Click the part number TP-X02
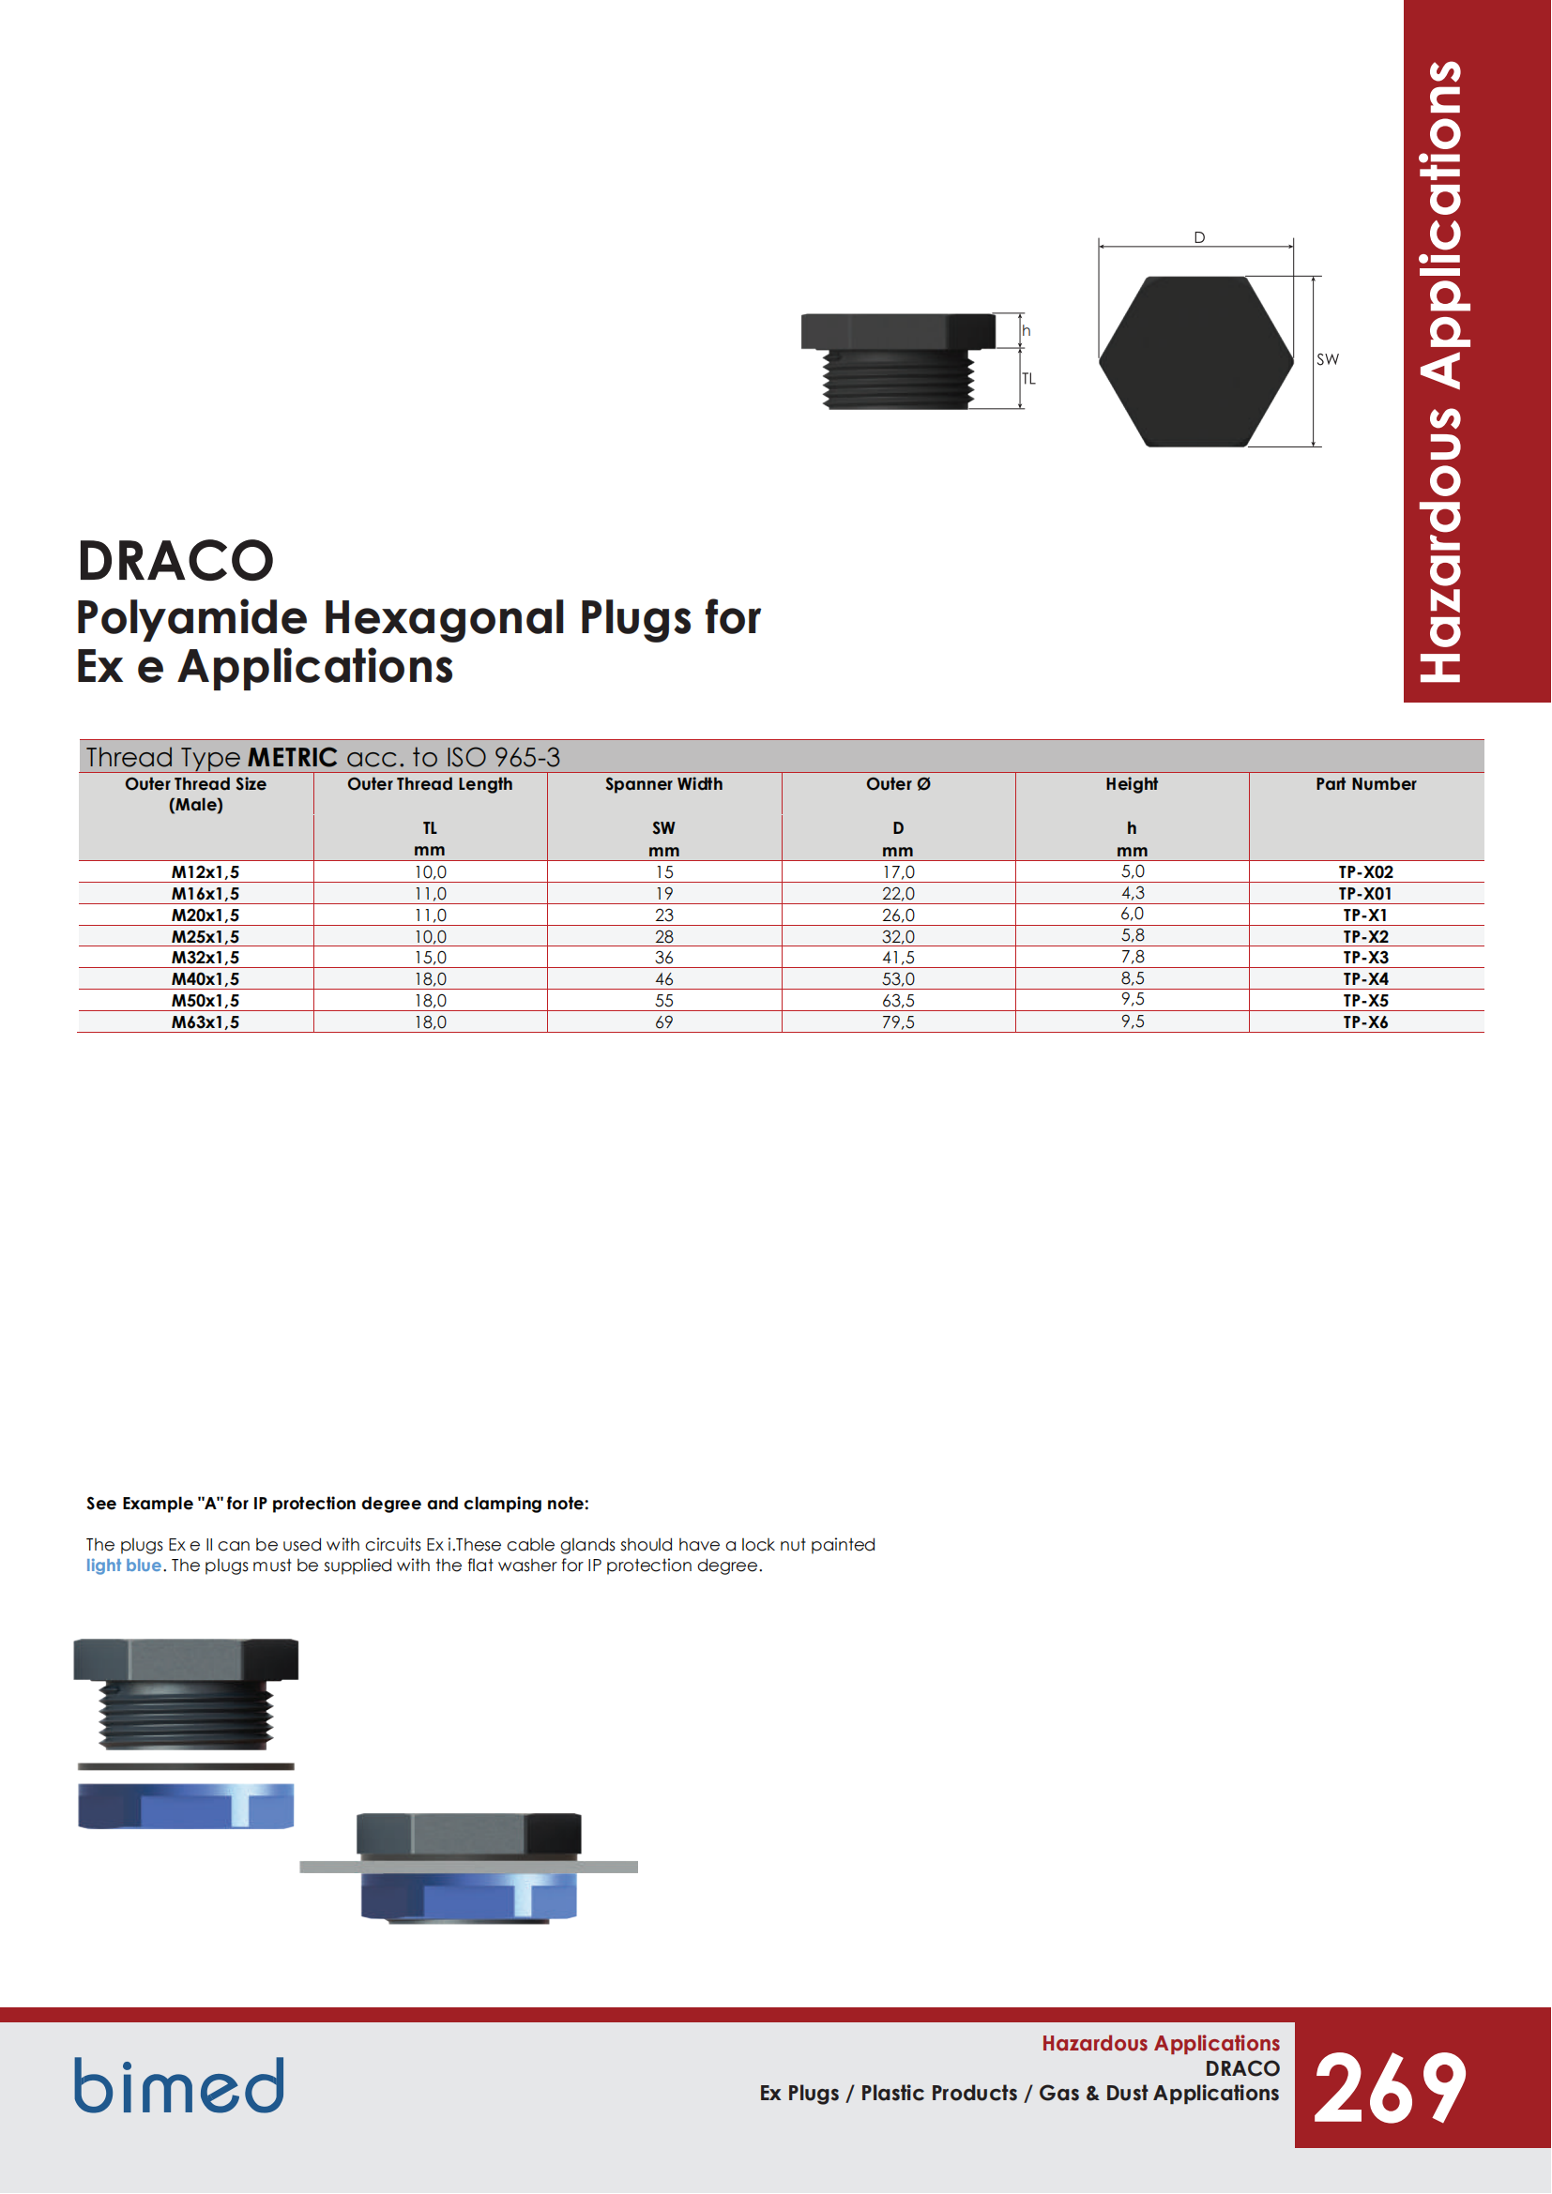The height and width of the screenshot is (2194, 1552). point(1365,872)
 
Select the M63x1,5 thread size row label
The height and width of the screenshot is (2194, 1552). point(205,1022)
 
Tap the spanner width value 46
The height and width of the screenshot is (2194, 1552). point(664,979)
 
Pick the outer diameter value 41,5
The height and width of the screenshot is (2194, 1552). point(898,958)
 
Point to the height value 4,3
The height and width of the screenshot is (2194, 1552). point(1133,892)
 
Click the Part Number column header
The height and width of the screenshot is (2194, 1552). point(1365,784)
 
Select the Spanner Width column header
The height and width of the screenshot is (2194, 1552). point(664,784)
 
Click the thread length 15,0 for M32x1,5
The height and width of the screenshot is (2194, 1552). point(430,958)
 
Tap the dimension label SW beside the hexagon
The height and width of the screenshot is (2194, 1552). point(1328,360)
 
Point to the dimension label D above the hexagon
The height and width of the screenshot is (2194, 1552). point(1199,237)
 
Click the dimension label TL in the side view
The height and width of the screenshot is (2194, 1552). point(1028,379)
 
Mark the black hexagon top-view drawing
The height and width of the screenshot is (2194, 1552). point(1195,361)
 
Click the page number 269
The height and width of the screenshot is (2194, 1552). point(1391,2090)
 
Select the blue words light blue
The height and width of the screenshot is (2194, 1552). point(123,1566)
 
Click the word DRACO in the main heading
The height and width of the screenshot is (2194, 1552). point(175,561)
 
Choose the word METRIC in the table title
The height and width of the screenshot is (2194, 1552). point(293,758)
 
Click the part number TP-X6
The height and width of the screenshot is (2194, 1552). point(1365,1022)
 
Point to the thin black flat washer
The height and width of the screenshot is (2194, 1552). point(187,1767)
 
